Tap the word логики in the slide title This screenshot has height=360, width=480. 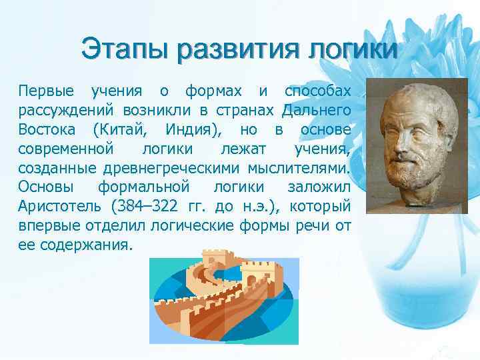(x=352, y=49)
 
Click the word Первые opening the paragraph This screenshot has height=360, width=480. (x=46, y=90)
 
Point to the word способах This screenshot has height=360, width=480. (x=317, y=90)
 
